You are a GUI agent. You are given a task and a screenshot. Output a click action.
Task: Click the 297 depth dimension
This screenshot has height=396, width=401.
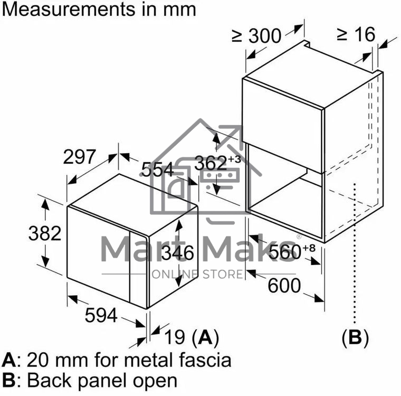[x=79, y=157]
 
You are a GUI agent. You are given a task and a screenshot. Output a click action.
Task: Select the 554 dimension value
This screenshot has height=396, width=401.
[x=157, y=169]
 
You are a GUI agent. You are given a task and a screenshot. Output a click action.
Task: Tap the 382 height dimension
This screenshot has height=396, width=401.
[x=45, y=233]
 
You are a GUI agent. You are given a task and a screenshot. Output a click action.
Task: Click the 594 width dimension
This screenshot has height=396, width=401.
[x=101, y=315]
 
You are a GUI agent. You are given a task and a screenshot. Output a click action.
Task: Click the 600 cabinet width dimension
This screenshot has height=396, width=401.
[x=284, y=286]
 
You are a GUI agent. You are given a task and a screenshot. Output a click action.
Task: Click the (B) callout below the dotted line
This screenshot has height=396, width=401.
[x=356, y=337]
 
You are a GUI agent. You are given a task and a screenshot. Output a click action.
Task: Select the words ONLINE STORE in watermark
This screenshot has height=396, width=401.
[x=197, y=274]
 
